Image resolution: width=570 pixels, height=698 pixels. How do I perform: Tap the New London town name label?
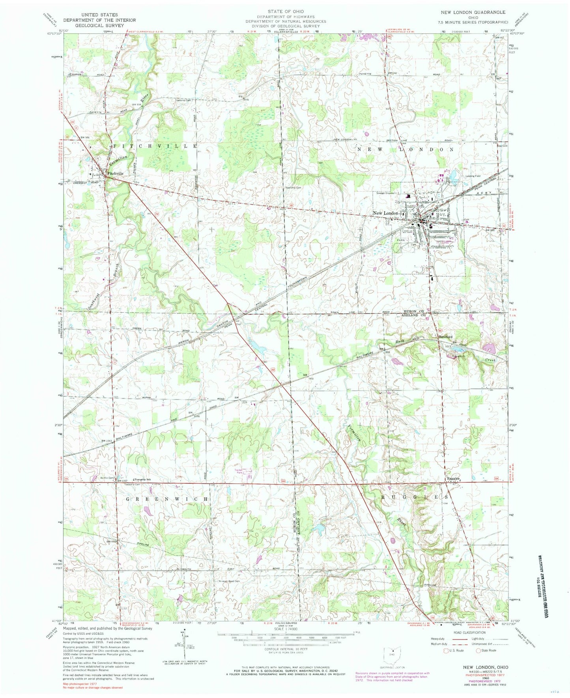point(385,213)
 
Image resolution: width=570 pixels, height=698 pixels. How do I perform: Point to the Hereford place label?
point(447,337)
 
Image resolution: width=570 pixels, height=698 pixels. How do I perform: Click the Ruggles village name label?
point(453,479)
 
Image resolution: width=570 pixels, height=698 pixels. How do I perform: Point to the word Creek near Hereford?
point(490,360)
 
